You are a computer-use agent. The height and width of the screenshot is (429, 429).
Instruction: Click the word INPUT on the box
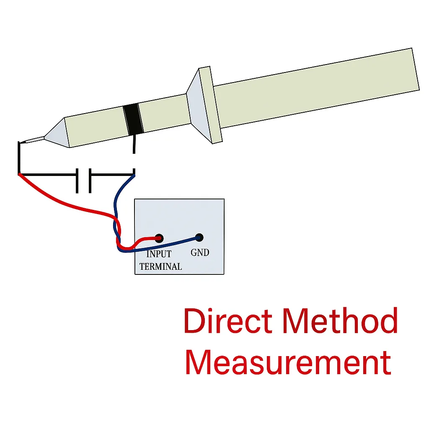coord(159,254)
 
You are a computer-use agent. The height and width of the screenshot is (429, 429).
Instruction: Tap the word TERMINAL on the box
coord(160,266)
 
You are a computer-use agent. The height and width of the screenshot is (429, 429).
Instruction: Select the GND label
coord(200,253)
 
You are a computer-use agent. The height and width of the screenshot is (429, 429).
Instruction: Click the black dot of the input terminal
coord(159,238)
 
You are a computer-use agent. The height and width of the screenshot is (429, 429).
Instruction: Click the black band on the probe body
coord(133,119)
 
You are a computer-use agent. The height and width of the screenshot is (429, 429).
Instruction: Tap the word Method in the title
coord(340,321)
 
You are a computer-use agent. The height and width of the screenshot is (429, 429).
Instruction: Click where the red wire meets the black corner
coord(19,173)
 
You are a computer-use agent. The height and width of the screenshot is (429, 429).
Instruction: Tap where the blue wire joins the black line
coord(134,175)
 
